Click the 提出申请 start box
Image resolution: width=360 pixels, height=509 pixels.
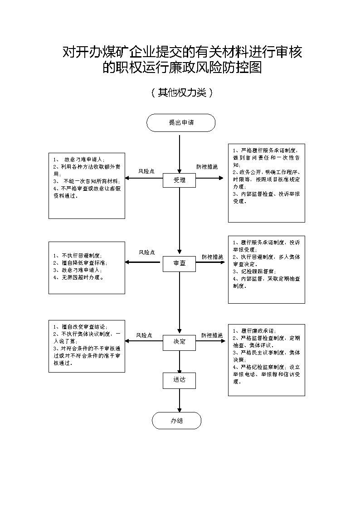[180, 123]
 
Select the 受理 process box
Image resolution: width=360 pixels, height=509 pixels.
[180, 180]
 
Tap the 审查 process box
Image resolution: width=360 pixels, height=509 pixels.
[180, 263]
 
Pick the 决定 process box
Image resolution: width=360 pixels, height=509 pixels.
[180, 341]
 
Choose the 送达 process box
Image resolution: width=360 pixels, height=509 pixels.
[180, 380]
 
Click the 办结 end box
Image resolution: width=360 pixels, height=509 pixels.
[176, 421]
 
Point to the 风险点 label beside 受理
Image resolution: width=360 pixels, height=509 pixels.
[146, 171]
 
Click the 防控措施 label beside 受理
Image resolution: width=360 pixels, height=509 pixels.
[207, 167]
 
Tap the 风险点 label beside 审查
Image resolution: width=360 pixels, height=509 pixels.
[146, 252]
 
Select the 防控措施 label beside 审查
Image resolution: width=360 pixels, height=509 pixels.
[212, 257]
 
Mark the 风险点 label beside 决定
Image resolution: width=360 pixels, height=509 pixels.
[144, 335]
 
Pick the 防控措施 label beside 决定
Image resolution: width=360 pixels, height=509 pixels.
[212, 335]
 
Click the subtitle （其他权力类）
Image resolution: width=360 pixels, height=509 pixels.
[181, 93]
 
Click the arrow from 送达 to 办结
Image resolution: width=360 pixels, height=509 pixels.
[180, 400]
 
